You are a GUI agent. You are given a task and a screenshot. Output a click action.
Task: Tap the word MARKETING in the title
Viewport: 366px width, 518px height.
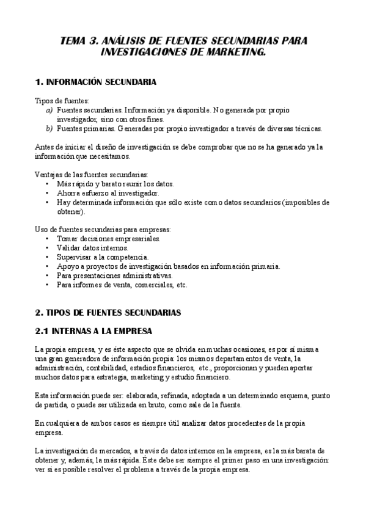tap(235, 53)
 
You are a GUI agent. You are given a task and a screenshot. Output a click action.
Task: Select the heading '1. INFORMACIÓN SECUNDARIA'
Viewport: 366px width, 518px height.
tap(96, 81)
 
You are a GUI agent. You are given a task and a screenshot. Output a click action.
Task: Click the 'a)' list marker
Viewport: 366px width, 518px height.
tap(49, 110)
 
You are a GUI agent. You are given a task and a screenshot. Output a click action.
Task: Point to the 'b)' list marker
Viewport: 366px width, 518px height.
tap(49, 129)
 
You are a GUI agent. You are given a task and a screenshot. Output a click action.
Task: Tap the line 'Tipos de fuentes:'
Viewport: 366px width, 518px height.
tap(62, 100)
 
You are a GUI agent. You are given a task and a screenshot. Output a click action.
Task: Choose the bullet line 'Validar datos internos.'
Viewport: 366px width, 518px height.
tap(92, 248)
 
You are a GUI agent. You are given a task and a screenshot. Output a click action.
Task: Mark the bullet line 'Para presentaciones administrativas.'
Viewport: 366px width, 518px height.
tap(115, 275)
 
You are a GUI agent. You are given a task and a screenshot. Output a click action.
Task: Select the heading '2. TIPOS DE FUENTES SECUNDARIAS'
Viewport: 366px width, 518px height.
tap(108, 313)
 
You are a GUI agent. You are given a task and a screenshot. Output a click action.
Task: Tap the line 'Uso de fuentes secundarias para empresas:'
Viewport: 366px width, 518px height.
tap(103, 230)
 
